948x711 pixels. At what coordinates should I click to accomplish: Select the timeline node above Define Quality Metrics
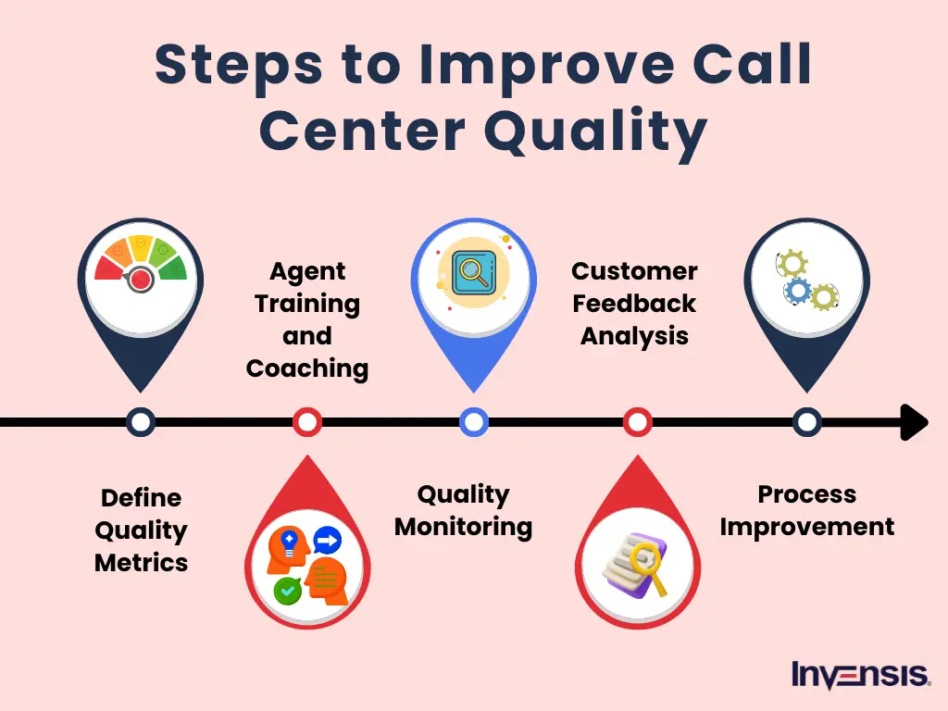coord(141,422)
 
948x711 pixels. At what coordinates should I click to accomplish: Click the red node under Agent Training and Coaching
coord(306,422)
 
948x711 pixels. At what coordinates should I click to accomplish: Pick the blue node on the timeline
coord(473,422)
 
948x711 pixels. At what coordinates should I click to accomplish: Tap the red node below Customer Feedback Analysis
coord(637,422)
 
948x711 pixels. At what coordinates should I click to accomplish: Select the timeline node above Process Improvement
coord(806,422)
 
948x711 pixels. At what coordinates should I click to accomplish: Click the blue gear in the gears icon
coord(797,291)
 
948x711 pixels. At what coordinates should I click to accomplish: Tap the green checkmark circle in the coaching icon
coord(287,590)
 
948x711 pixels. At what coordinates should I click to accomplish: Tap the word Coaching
coord(306,368)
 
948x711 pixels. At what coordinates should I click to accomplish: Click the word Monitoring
coord(463,527)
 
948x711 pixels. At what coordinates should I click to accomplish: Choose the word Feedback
coord(634,304)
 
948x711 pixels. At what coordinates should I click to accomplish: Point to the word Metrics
coord(141,562)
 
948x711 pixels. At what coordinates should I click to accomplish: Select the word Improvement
coord(806,527)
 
